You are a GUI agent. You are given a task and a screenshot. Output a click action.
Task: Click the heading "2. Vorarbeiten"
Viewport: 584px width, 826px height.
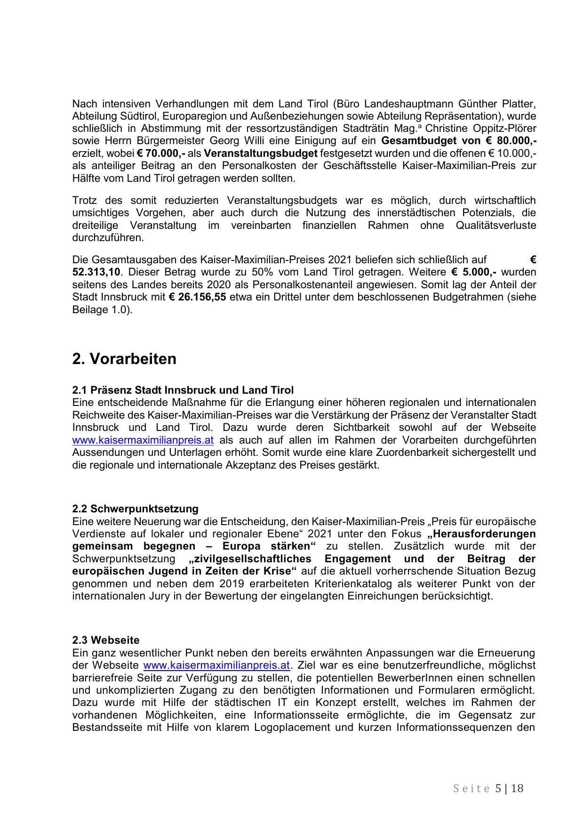tap(124, 359)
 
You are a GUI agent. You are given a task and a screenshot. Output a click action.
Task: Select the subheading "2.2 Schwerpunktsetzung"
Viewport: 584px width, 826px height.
tap(136, 509)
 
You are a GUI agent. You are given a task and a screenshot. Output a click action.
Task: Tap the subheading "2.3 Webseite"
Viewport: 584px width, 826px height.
tap(106, 640)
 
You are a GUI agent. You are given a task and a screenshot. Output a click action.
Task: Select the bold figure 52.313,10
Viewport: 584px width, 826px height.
tap(96, 272)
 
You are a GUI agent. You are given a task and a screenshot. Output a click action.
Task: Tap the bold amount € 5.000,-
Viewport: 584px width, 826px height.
tap(474, 272)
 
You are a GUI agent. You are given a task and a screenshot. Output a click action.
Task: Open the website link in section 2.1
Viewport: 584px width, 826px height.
tap(143, 440)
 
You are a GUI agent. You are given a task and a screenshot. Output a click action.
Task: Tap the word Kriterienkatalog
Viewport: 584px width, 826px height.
tap(345, 583)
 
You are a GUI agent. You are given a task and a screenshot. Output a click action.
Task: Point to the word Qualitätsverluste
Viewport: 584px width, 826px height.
tap(496, 225)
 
